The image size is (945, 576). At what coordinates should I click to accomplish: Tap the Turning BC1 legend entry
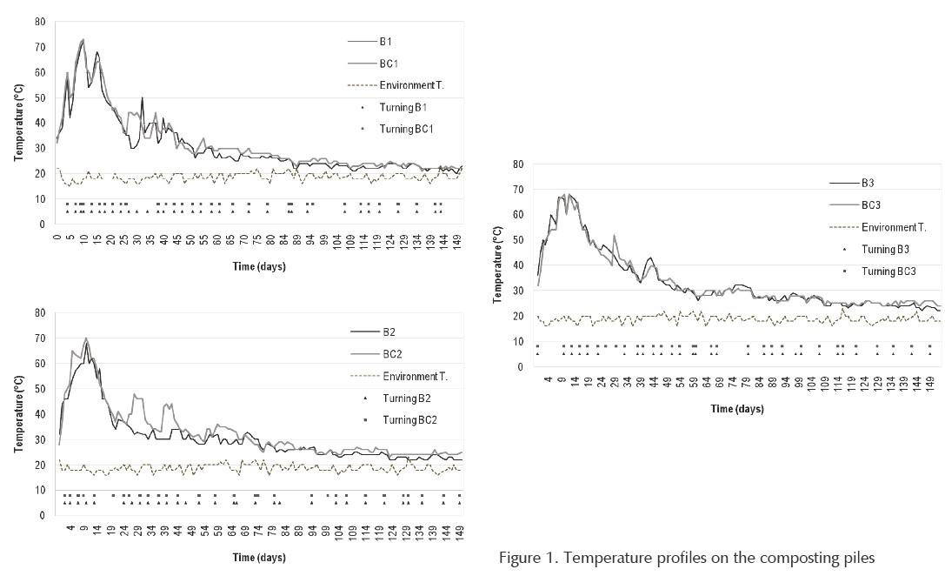(x=406, y=129)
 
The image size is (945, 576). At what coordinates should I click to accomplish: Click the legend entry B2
(x=389, y=332)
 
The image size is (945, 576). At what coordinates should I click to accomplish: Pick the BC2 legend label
(x=391, y=355)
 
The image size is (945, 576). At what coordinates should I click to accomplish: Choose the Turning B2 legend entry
(x=405, y=399)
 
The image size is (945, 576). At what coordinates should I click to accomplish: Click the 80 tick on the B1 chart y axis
(x=40, y=21)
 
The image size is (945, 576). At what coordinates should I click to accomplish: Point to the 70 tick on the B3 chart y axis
(x=519, y=189)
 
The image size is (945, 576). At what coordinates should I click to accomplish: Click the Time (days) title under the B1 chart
(x=258, y=266)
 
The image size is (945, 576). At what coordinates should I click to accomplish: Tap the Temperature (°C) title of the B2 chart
(x=17, y=413)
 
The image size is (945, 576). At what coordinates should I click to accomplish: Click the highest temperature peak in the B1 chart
(x=83, y=39)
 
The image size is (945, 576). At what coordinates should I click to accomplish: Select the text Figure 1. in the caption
(x=526, y=558)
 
